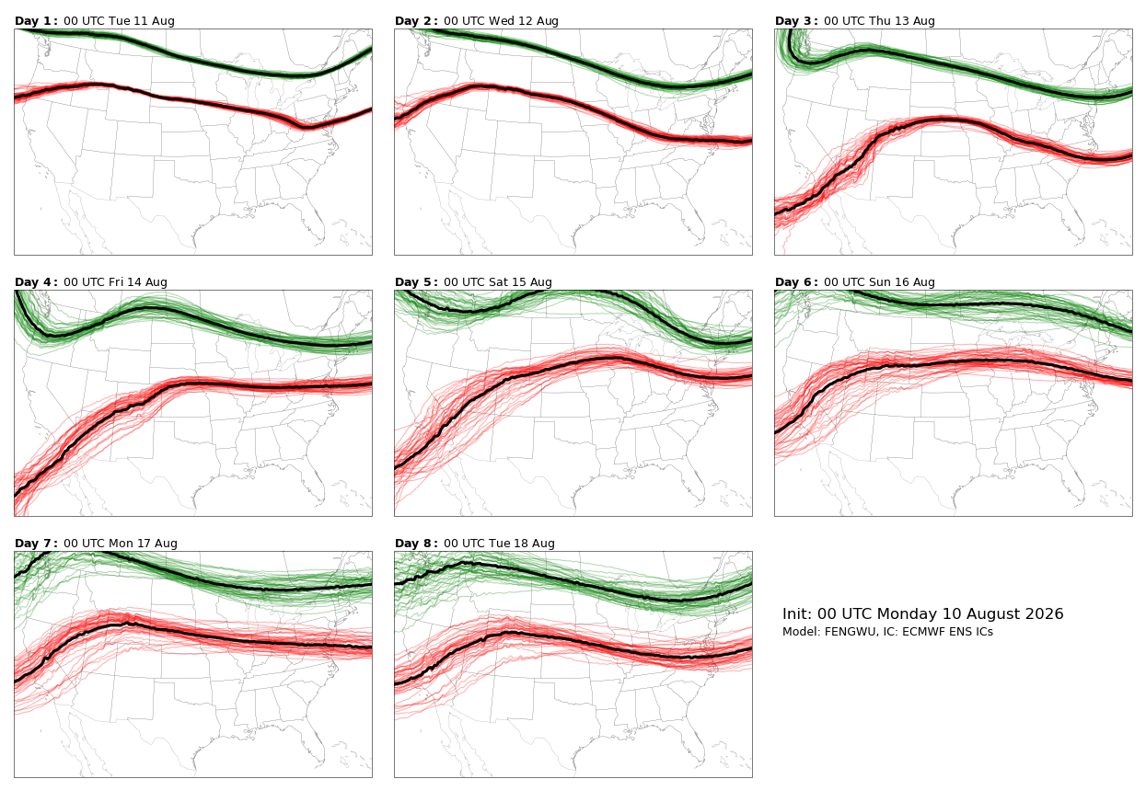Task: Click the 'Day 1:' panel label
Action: click(x=36, y=21)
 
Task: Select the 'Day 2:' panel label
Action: click(x=416, y=21)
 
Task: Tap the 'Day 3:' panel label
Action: click(x=796, y=21)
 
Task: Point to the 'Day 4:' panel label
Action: click(x=36, y=282)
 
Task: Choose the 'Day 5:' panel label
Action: click(x=416, y=282)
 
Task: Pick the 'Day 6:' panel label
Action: click(x=796, y=282)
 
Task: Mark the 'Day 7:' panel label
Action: click(x=36, y=544)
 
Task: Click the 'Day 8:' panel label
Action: click(x=416, y=544)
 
